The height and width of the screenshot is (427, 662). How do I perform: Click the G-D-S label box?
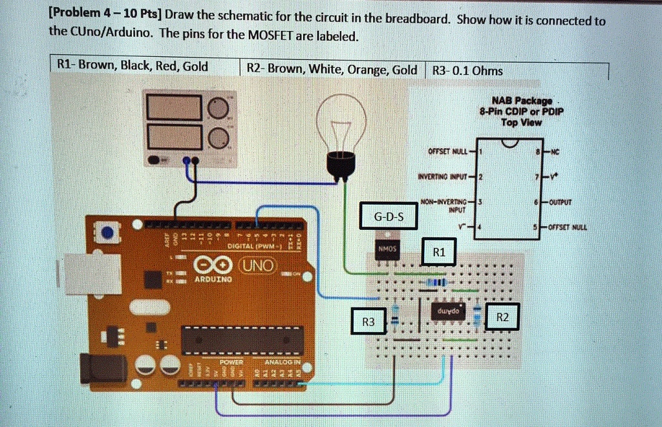pos(389,216)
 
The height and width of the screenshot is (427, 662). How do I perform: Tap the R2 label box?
pos(502,317)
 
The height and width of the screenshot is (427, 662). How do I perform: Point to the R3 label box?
pos(368,321)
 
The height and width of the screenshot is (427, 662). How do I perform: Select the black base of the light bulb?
pos(340,166)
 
